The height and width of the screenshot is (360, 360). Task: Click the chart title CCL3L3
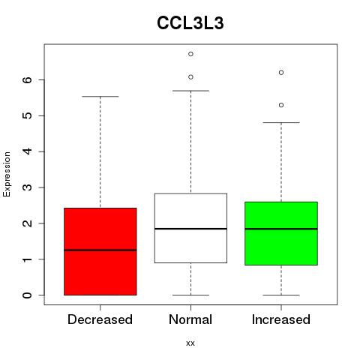(190, 23)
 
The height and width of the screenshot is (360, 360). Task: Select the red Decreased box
(100, 251)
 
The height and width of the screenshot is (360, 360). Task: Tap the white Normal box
(190, 228)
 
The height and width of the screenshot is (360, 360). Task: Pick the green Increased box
(281, 233)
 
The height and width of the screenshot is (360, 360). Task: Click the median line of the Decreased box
(100, 250)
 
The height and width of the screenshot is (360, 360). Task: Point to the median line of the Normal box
(190, 229)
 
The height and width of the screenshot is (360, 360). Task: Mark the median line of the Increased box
(281, 229)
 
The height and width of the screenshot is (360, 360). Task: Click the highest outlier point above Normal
(190, 54)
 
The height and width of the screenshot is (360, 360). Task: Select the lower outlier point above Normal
(190, 77)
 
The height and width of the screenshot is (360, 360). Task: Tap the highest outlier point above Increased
(281, 73)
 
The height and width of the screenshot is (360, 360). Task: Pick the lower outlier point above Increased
(281, 105)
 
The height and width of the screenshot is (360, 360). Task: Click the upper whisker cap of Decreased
(100, 96)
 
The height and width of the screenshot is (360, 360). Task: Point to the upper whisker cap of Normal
(190, 91)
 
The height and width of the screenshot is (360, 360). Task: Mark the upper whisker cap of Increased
(281, 122)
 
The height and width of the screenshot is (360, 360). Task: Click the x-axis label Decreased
(100, 319)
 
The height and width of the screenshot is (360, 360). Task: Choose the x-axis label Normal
(190, 319)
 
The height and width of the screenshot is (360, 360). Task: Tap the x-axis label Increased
(281, 319)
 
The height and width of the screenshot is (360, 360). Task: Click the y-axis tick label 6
(28, 79)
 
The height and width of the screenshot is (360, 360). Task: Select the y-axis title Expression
(7, 174)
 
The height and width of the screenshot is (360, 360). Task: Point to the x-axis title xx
(190, 343)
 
